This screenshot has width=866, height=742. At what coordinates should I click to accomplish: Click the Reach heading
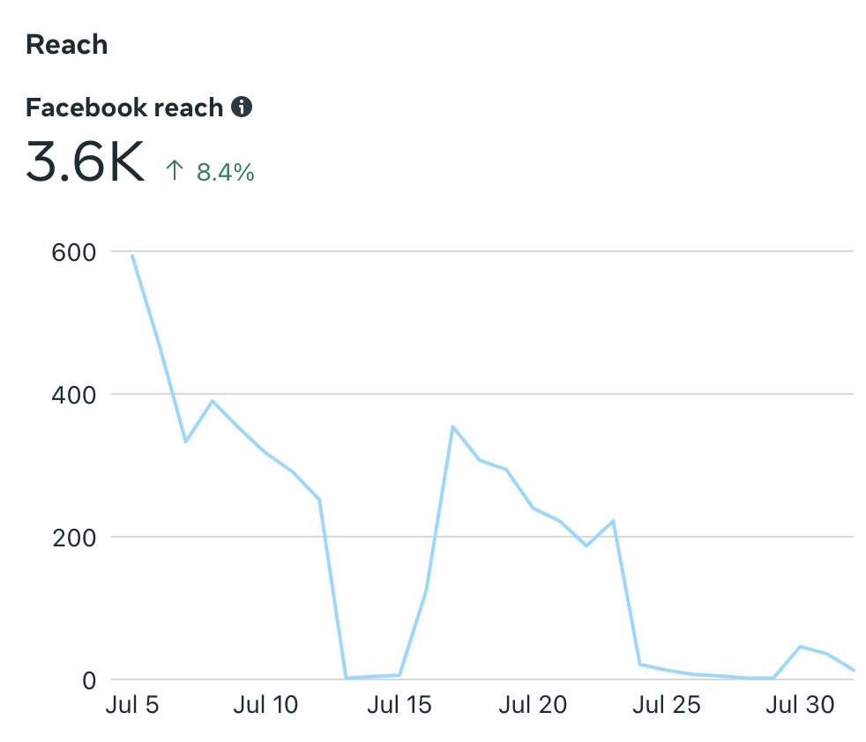(x=67, y=44)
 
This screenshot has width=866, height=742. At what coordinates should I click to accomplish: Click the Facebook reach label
(x=124, y=108)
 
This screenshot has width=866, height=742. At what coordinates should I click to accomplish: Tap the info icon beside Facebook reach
(x=241, y=108)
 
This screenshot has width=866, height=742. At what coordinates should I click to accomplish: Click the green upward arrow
(x=175, y=170)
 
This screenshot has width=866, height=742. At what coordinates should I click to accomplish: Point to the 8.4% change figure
(x=225, y=172)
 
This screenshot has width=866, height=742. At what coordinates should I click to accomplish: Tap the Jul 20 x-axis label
(x=533, y=705)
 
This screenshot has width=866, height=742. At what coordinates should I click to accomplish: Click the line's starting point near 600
(x=132, y=256)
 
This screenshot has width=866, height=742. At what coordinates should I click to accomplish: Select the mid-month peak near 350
(x=452, y=427)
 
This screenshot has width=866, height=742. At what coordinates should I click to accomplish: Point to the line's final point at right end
(x=853, y=670)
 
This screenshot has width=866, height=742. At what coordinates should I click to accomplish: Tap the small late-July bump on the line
(x=800, y=647)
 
